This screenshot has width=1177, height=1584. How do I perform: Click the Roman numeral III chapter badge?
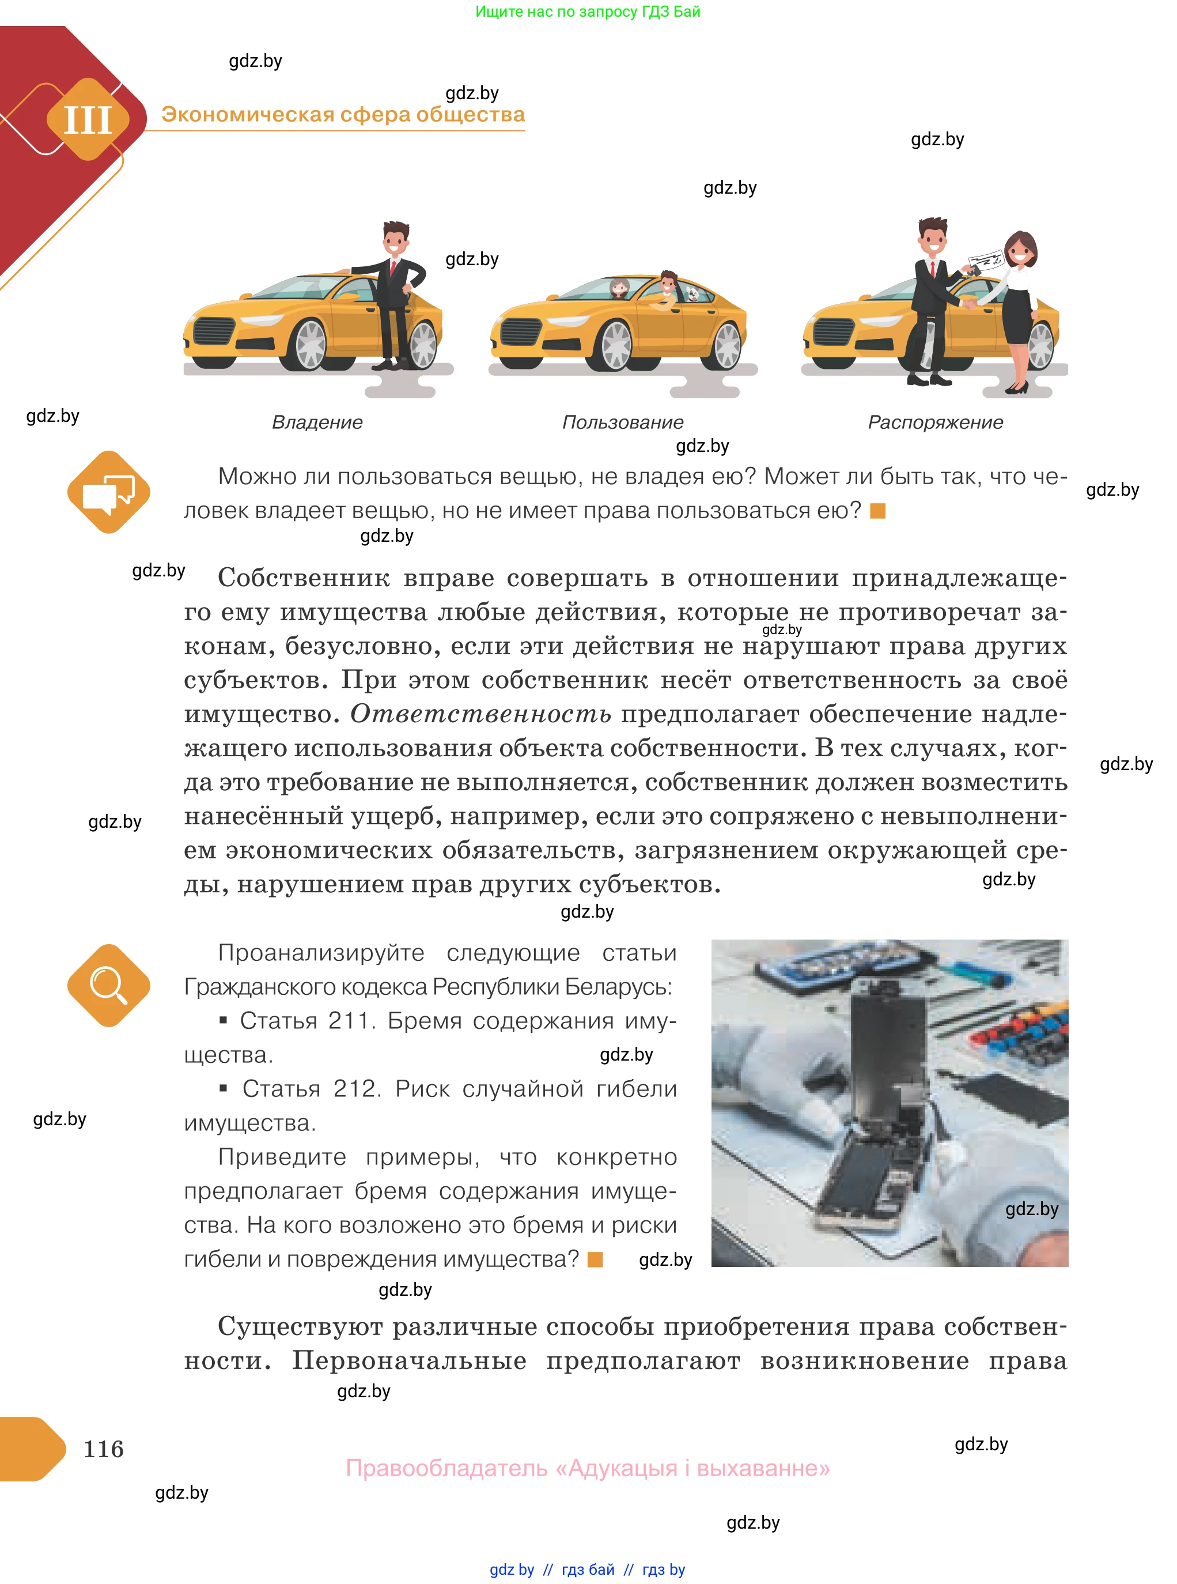point(88,119)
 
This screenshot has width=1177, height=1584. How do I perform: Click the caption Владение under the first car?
point(317,422)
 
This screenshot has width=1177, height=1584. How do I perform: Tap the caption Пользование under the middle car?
point(623,422)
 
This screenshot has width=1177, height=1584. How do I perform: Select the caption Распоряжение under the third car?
point(935,422)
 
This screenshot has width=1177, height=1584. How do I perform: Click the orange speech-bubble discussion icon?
point(108,492)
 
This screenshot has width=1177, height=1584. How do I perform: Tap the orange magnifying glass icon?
point(108,985)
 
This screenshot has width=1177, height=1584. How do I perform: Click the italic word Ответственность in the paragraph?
point(480,714)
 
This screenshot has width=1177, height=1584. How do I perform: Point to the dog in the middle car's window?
point(692,292)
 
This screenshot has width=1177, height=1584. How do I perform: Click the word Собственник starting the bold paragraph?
point(304,578)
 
